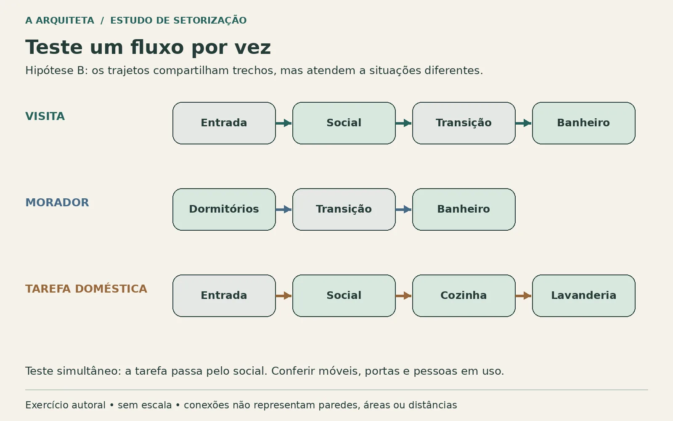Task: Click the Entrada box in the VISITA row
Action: pos(224,123)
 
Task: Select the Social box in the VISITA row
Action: pos(344,123)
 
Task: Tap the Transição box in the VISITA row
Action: pos(464,123)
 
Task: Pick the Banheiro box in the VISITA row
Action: pos(584,123)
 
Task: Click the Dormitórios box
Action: pos(224,209)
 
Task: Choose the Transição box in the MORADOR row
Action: pos(344,209)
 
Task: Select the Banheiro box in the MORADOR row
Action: pos(464,209)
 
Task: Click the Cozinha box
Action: pos(464,296)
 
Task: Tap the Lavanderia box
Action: pos(584,296)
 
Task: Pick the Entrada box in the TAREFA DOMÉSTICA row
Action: pos(224,296)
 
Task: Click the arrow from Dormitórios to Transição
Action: pos(284,209)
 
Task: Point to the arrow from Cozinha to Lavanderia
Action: pos(523,296)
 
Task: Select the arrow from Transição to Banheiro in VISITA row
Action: pos(523,123)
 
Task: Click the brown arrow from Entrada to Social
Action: pos(284,296)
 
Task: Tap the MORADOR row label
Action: pos(57,203)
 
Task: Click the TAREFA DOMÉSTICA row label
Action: pos(86,289)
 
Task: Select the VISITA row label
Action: pos(45,116)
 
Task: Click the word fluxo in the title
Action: pos(157,47)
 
